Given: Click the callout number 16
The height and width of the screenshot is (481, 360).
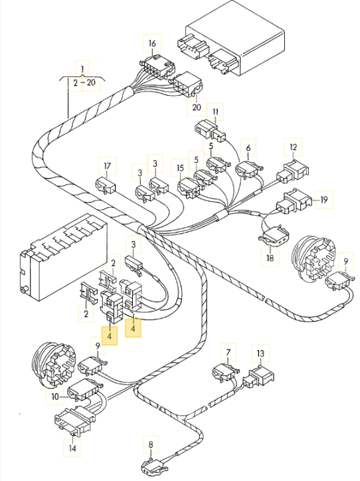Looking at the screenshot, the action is pos(152,43).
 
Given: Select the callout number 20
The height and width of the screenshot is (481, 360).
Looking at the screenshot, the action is pos(196,107).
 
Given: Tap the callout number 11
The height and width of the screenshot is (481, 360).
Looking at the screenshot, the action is pos(215,112).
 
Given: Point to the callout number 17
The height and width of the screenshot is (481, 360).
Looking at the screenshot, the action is pos(107,166).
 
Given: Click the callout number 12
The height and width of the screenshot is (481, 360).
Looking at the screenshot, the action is pos(293,147).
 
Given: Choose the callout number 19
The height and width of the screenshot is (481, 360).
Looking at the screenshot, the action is pos(324,200).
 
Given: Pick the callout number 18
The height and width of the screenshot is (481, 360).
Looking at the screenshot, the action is pos(270,258).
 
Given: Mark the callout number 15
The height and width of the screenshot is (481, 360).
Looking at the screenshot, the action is pos(180,168).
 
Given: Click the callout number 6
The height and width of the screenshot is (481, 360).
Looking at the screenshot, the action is pos(248,148).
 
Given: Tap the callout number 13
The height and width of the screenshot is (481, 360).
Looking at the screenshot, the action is pos(260,353).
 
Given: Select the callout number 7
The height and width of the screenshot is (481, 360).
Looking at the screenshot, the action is pos(228,352).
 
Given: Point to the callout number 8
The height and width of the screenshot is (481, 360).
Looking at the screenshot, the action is pos(151,444).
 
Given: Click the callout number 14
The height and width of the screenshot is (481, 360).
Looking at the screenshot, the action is pos(72,448).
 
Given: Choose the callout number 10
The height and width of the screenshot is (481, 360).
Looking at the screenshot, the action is pos(55,397).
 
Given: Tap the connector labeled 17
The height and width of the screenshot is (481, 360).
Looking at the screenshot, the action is pos(106,185).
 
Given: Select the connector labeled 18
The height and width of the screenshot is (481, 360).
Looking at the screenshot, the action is pos(274,236).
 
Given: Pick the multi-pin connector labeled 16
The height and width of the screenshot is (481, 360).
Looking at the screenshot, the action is pos(157,67).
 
